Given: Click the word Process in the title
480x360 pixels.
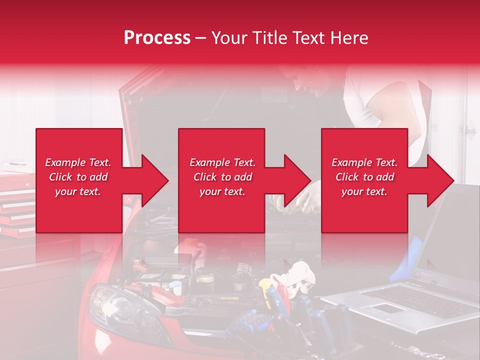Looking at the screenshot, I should click(157, 38).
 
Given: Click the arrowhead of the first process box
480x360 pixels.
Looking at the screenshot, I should click(152, 180).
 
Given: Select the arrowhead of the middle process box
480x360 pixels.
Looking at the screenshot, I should click(295, 180).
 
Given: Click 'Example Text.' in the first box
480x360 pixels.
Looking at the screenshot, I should click(78, 162).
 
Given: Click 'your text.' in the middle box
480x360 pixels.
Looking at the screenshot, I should click(222, 191).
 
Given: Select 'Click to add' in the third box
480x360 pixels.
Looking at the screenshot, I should click(364, 177).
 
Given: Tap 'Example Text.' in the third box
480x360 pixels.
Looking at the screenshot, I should click(364, 162).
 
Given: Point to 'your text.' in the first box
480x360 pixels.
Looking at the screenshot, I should click(78, 191).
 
